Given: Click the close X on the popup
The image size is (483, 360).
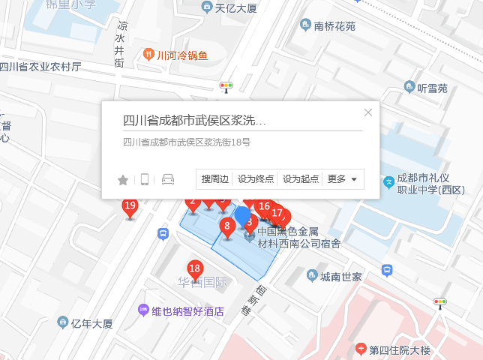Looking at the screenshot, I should coord(367,112).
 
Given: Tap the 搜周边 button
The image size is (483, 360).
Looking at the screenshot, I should coord(214,179).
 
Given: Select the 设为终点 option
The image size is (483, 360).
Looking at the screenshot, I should coord(256,179).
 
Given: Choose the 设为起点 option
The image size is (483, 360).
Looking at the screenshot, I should coord(300,179).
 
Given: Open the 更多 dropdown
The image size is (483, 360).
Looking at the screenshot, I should coord(343,179).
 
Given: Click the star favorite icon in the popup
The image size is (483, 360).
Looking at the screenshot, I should coord(123,179).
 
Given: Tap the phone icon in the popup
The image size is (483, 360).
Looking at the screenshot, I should coord(145,179).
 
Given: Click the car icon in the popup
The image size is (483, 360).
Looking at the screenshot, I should coord(168,179).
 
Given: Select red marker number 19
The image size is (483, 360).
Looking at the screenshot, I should coord(130,206).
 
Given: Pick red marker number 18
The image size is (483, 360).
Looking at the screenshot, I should coord(195,269).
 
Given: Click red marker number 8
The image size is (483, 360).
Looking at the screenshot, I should coord(226,226).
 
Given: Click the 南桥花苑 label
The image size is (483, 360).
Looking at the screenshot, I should coord(334,25).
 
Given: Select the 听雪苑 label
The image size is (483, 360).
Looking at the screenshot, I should coord(431,88).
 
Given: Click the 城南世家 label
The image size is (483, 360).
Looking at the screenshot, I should coord(340,277).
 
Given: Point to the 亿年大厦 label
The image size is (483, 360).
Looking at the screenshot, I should coord(91,323).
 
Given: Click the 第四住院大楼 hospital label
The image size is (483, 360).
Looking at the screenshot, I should coord(409,350).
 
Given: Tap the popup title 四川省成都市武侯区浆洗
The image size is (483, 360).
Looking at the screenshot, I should coord(195,120).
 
